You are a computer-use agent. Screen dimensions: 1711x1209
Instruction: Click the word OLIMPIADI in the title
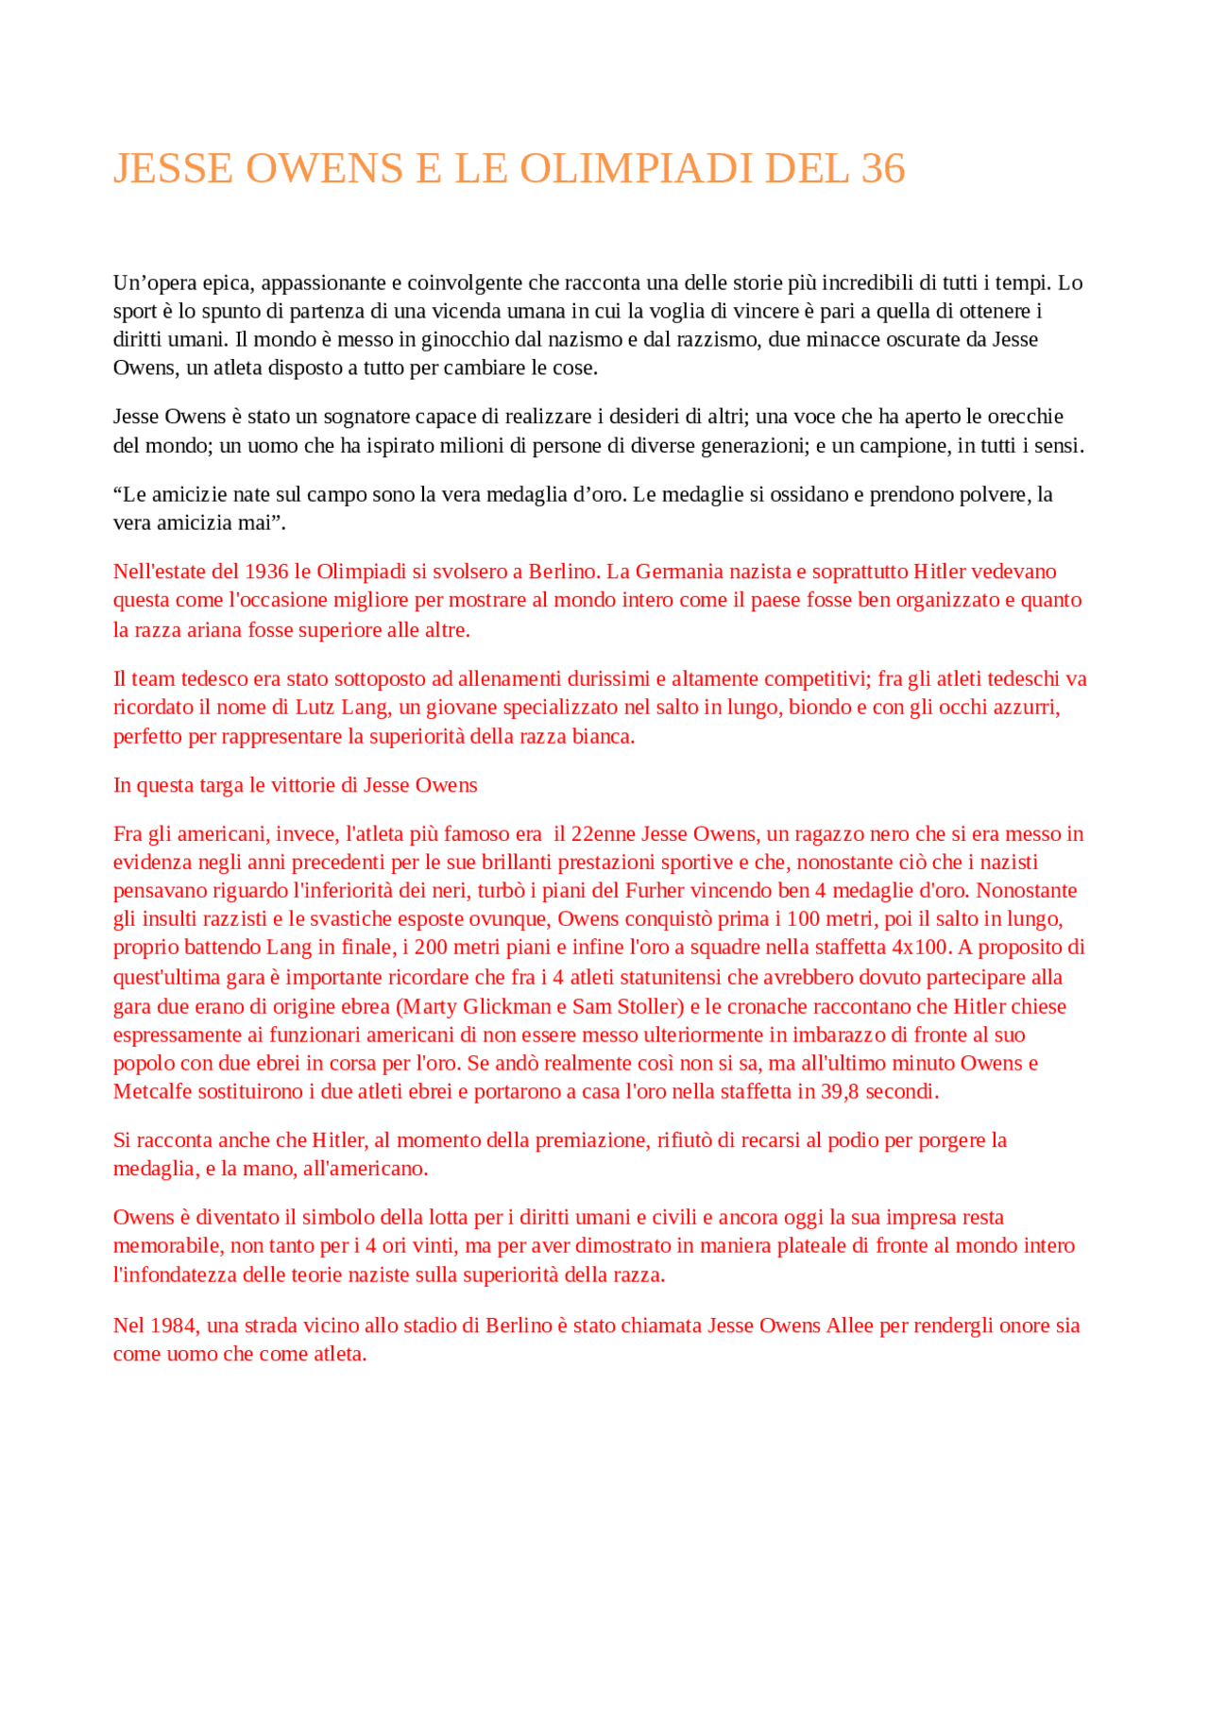636,169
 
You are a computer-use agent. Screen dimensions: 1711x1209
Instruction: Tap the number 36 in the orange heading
883,169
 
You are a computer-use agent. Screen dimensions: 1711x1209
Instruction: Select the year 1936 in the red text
266,572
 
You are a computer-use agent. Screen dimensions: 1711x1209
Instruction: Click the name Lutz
314,708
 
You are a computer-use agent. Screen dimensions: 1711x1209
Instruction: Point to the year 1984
173,1326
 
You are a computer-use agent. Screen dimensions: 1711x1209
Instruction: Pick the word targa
219,785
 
